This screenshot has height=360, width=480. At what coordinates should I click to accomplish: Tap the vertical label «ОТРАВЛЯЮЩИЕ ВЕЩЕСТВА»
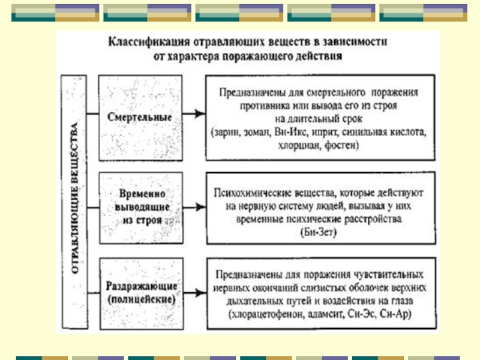(x=76, y=202)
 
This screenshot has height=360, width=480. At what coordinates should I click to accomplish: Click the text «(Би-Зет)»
(x=319, y=231)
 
